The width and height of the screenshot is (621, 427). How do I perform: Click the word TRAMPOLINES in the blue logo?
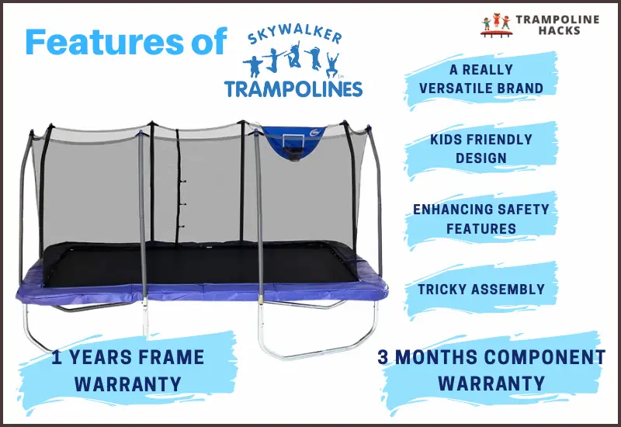[293, 88]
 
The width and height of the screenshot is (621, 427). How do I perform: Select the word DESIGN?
[480, 158]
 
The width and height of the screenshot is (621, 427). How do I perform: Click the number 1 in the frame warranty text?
[57, 358]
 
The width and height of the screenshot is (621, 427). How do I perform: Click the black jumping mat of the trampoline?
[202, 264]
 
